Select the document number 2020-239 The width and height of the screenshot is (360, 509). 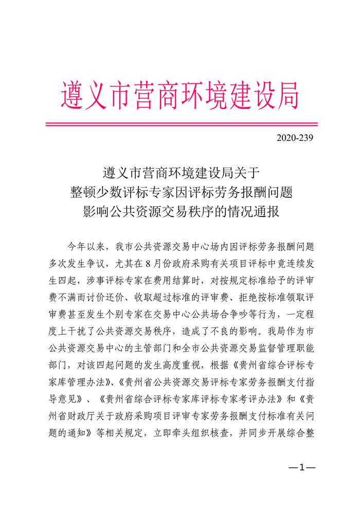coord(294,138)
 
